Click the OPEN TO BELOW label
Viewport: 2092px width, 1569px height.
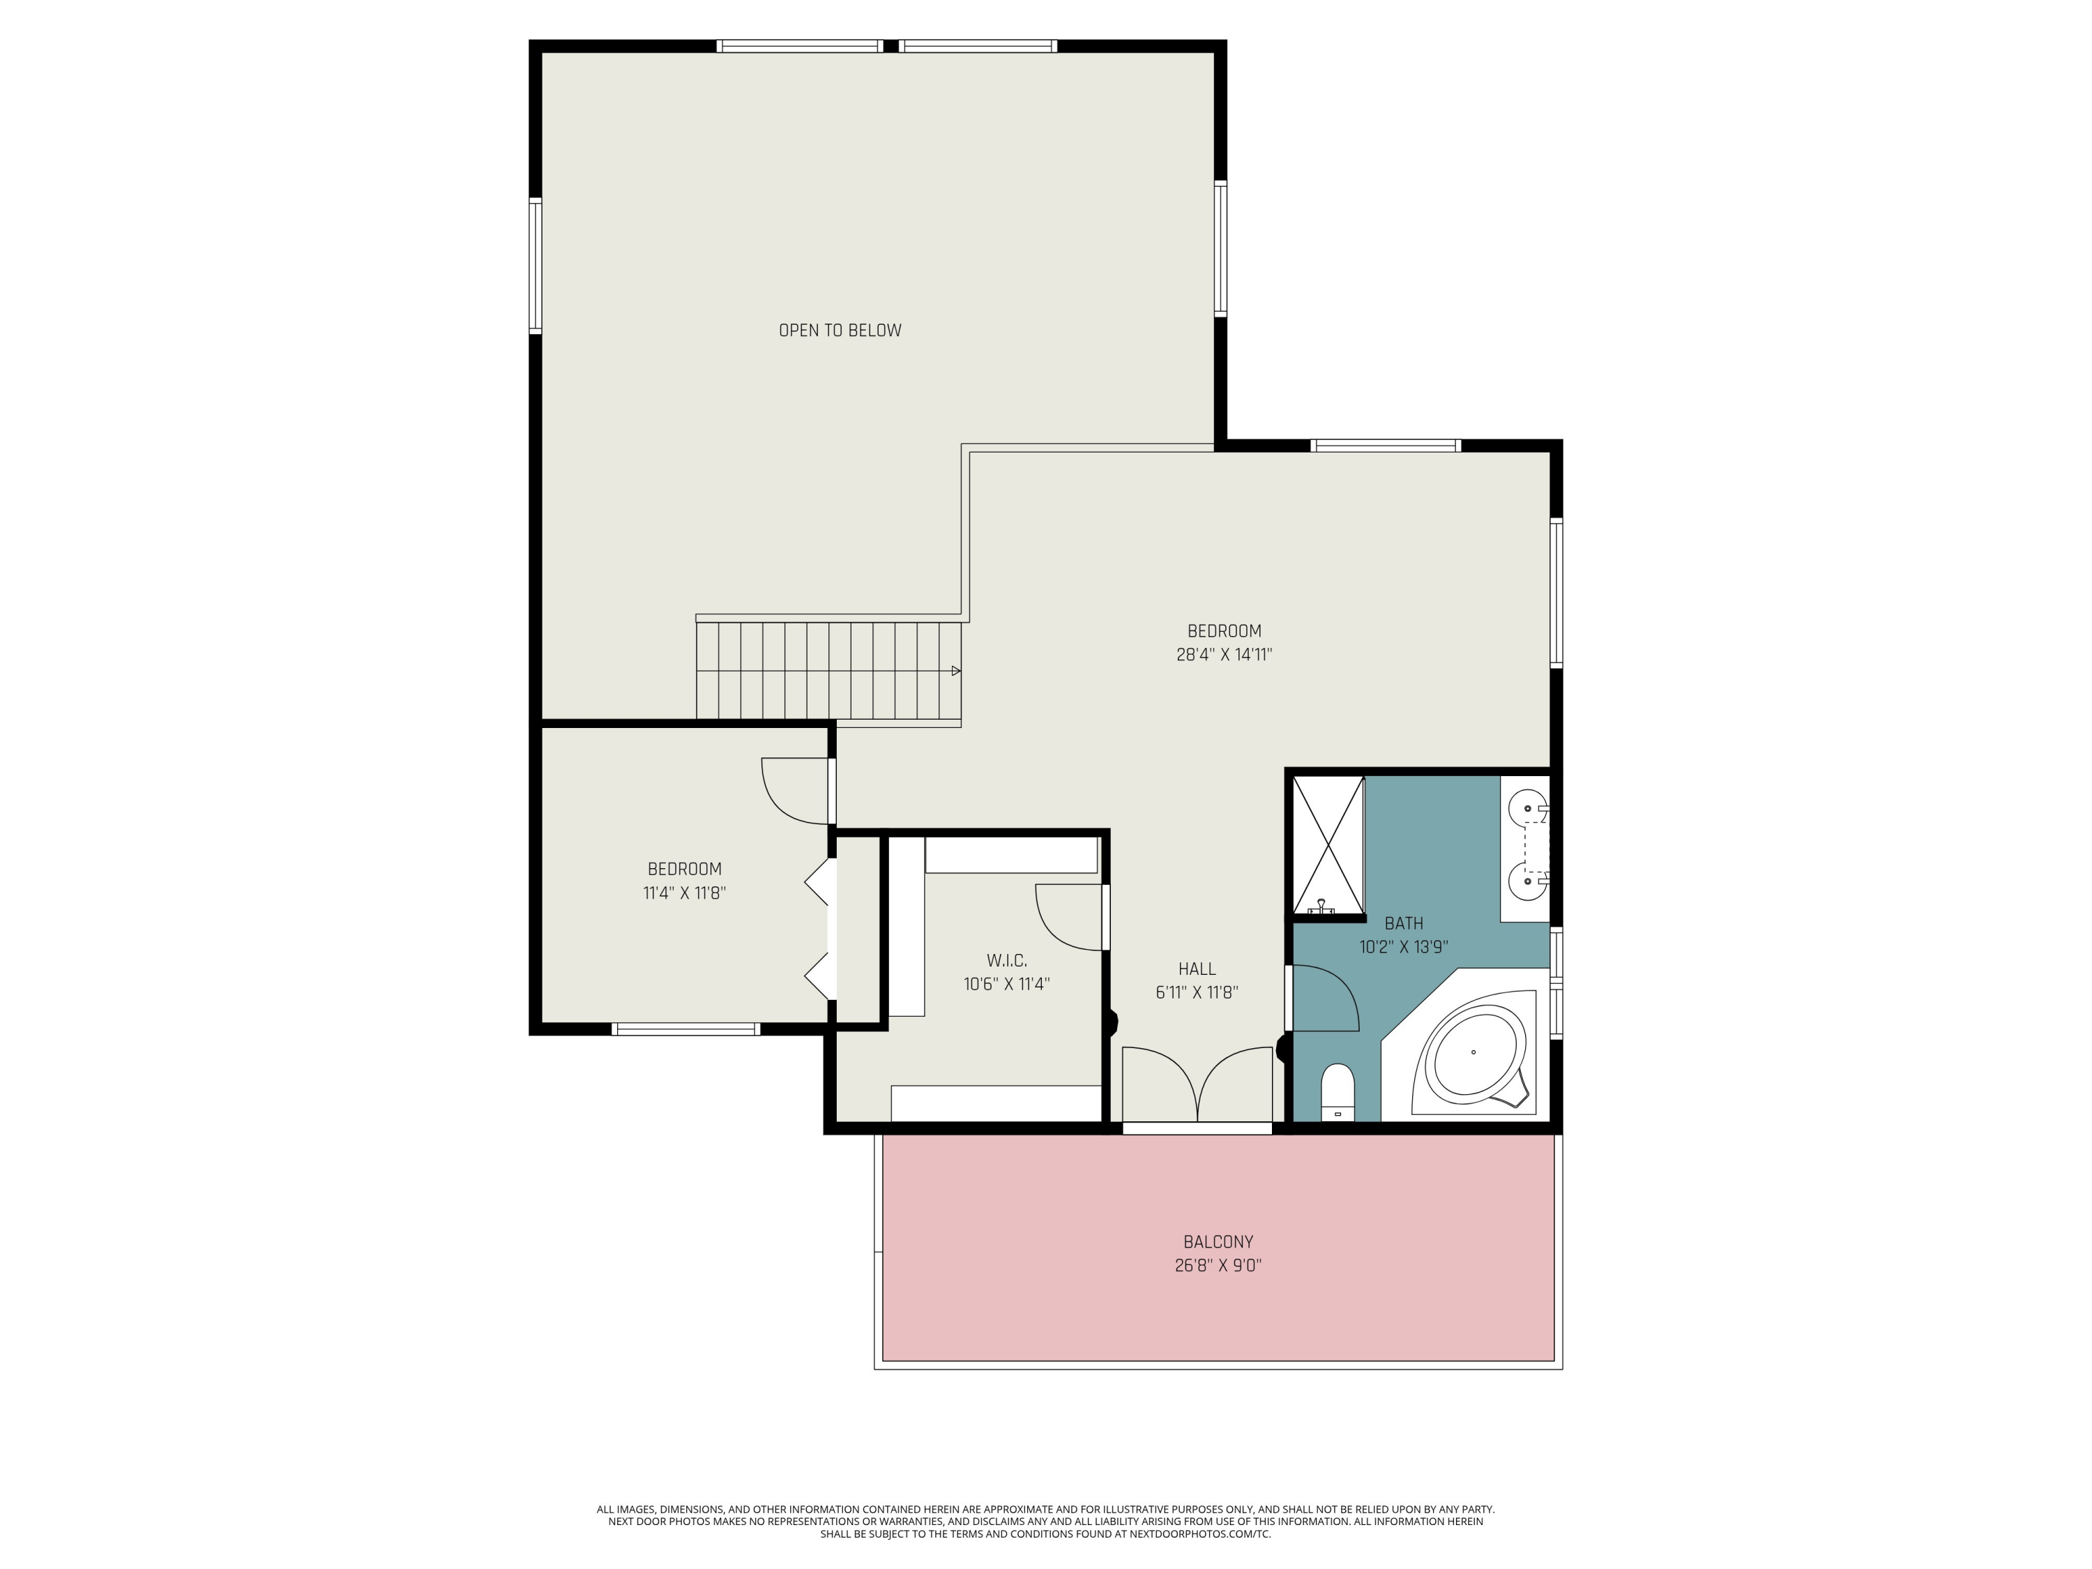click(x=840, y=330)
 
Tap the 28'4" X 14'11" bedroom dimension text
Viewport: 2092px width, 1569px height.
click(x=1224, y=655)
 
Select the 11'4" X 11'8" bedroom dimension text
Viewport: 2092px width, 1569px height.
click(x=684, y=893)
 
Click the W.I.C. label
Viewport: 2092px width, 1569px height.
click(x=1006, y=960)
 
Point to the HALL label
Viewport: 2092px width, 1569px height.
click(x=1197, y=969)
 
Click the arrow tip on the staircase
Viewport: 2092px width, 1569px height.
click(x=956, y=671)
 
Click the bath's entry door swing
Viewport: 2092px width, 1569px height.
click(x=1324, y=998)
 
